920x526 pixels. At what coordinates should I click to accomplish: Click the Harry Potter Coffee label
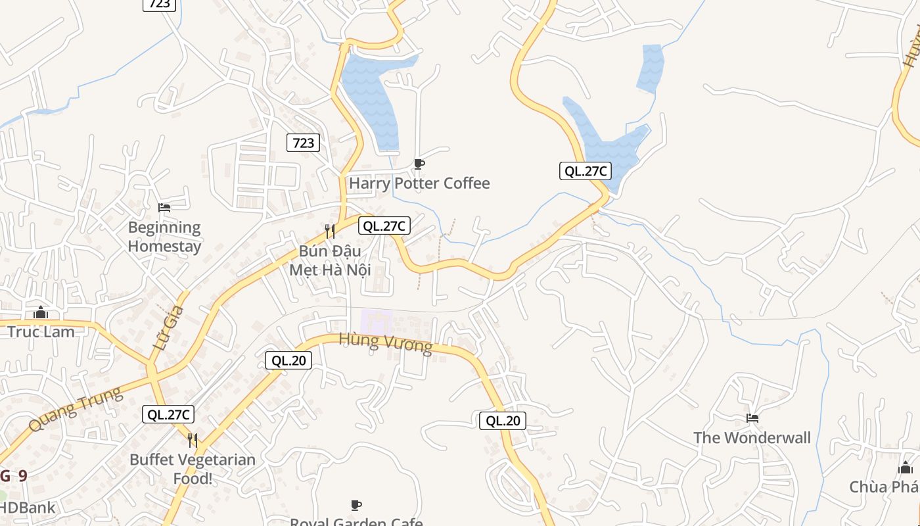(x=419, y=183)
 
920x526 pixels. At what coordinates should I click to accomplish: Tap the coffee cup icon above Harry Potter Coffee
(x=419, y=164)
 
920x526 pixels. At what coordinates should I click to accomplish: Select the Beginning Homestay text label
(x=164, y=237)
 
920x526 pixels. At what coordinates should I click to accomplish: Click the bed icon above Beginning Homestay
(x=164, y=208)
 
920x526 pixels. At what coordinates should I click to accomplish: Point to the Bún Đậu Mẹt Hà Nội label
(x=331, y=260)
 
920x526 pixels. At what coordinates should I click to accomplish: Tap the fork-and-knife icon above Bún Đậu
(x=330, y=231)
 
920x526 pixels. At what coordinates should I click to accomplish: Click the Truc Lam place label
(x=41, y=331)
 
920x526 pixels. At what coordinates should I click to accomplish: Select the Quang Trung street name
(x=76, y=408)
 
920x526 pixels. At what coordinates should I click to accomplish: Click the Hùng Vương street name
(x=386, y=342)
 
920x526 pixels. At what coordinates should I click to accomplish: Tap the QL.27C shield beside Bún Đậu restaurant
(x=384, y=226)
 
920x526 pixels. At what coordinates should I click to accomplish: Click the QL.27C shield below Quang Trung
(x=168, y=414)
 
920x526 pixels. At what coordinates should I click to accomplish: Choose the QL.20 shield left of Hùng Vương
(x=288, y=360)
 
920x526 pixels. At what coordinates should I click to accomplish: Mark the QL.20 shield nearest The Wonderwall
(x=503, y=421)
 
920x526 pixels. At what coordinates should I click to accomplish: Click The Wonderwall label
(x=752, y=437)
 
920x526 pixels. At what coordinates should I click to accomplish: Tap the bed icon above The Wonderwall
(x=752, y=418)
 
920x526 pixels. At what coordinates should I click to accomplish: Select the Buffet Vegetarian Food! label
(x=193, y=468)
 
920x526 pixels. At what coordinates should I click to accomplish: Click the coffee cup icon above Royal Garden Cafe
(x=356, y=505)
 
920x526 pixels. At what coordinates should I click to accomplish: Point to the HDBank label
(x=28, y=508)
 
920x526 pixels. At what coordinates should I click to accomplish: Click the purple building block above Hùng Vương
(x=376, y=322)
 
